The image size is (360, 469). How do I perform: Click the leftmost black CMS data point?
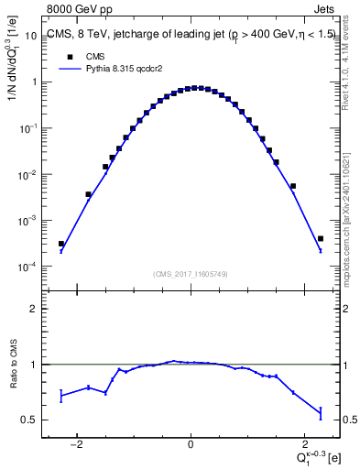[x=61, y=244]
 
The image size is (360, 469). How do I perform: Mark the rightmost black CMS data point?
[x=320, y=238]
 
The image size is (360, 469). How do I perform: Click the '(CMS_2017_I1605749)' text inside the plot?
[x=191, y=273]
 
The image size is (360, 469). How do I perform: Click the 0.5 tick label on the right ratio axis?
[x=349, y=420]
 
